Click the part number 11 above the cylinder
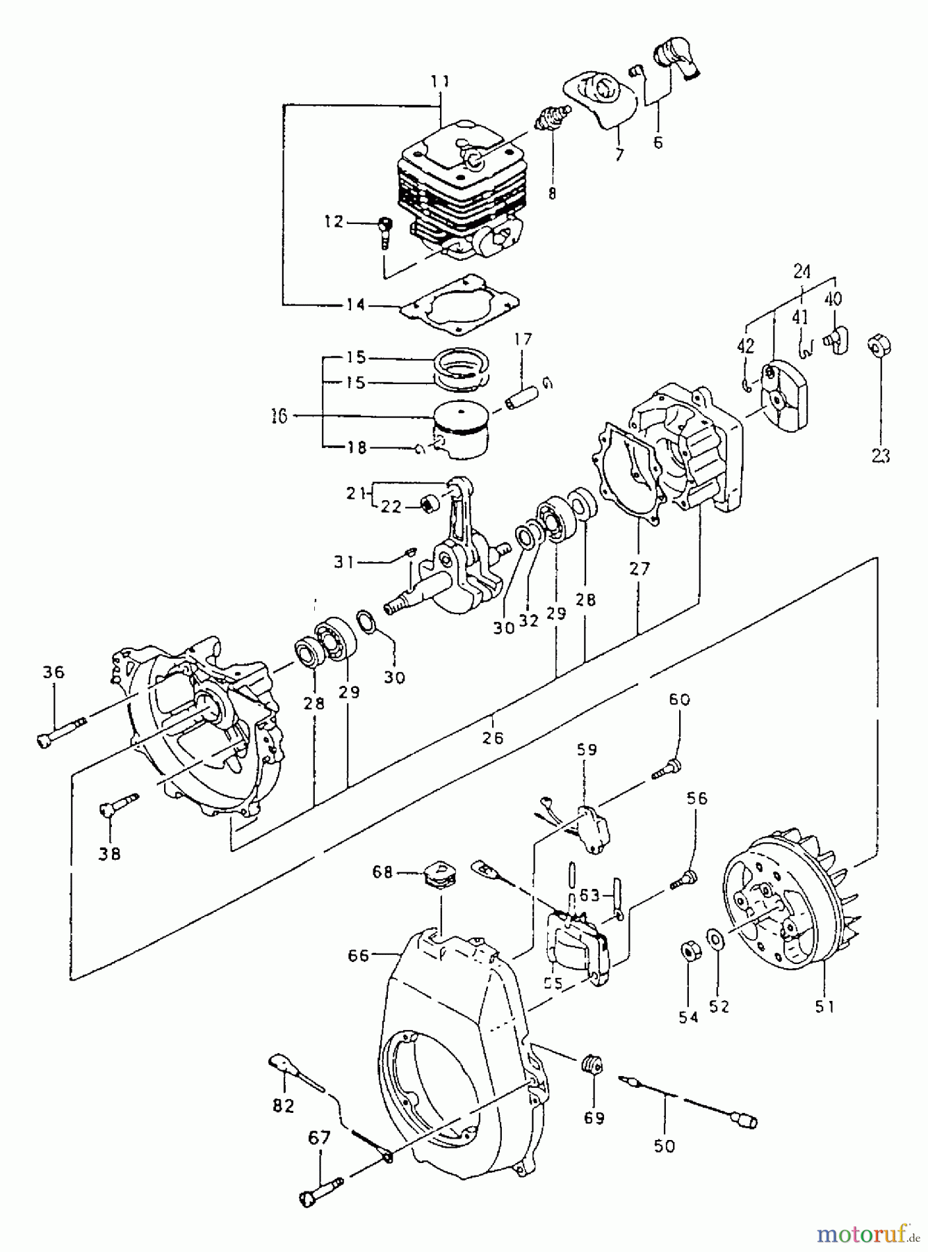[x=439, y=81]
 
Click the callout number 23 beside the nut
[x=879, y=455]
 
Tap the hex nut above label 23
[x=879, y=345]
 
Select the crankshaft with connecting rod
[x=452, y=556]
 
